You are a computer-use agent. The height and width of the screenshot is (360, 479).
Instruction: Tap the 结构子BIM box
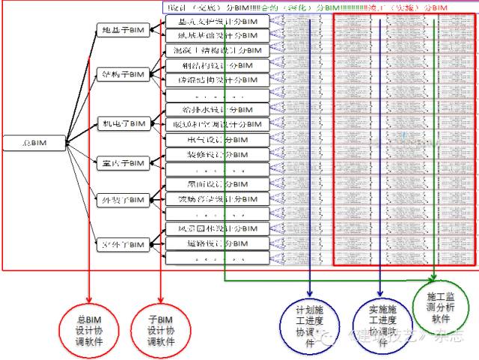click(122, 74)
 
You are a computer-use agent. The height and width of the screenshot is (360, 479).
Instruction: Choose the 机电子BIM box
click(122, 123)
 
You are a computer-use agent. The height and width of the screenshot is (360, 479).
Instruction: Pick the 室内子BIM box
click(122, 162)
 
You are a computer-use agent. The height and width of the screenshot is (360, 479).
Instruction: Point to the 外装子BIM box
click(122, 200)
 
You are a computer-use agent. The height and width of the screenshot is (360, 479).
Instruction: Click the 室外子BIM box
click(122, 243)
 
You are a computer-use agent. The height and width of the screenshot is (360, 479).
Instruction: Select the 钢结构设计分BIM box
click(217, 65)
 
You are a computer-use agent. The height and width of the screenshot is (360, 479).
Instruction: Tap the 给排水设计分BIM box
click(217, 109)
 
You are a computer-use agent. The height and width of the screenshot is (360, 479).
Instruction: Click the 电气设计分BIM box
click(217, 139)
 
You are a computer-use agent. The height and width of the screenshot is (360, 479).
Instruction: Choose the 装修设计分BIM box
click(217, 154)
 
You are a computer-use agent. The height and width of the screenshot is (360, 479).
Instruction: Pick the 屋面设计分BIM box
click(217, 184)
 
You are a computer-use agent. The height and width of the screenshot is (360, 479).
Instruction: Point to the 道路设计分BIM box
click(217, 243)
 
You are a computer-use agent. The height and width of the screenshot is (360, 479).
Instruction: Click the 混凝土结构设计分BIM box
click(217, 50)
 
